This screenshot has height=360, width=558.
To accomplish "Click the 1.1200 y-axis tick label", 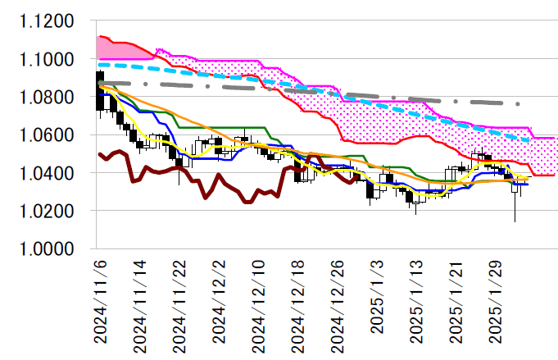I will pos(46,22).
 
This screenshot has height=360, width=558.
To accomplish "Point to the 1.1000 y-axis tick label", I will pos(46,60).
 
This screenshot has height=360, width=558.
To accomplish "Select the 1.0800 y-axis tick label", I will pos(46,98).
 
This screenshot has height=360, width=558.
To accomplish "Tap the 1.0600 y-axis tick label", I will pos(46,135).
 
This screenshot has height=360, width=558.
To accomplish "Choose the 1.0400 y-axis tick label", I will pos(46,173).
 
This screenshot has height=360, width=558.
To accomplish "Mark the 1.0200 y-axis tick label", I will pos(46,212).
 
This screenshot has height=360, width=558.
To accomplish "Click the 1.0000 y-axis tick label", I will pos(46,249).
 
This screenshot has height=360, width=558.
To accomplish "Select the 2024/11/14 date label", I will pos(139,298).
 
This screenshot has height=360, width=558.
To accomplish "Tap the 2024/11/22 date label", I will pos(179,298).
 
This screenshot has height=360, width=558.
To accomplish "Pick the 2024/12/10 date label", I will pos(257,298).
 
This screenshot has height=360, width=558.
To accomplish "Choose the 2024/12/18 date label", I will pos(297,298).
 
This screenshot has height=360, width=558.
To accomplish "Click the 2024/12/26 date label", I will pos(336,298).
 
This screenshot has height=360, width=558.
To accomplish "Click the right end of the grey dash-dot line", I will pos(518,104).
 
